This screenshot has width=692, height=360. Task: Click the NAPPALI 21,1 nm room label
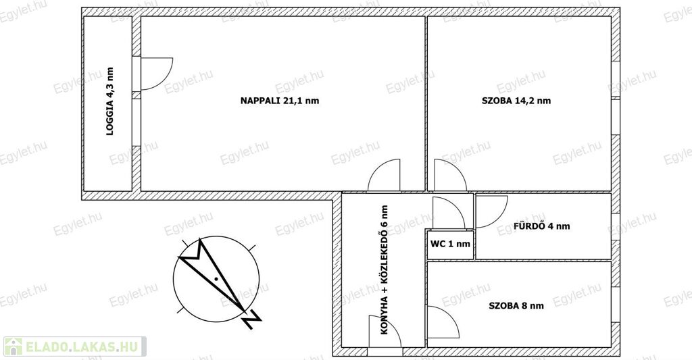coord(280,101)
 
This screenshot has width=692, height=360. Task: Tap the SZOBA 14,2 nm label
coord(516,101)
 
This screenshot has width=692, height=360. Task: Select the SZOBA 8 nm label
coord(516,305)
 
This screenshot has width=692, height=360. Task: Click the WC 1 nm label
coord(450,243)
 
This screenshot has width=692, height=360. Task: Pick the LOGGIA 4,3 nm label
coord(110,101)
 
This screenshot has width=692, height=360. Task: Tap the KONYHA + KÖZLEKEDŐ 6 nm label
coord(384,269)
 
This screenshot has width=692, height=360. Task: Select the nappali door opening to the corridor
coord(385,175)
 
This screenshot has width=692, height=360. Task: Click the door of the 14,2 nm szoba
coord(450,175)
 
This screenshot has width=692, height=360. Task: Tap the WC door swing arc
coord(449,213)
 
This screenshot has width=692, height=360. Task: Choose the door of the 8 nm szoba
coord(443,322)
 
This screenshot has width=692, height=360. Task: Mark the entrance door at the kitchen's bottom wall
coord(385,331)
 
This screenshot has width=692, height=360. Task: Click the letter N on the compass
coord(252,319)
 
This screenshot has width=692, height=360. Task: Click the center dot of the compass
coord(216,279)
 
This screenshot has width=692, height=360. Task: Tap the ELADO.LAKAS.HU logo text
coord(81,346)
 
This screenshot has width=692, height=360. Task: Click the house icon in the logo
coord(14,346)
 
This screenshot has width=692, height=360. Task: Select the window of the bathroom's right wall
coord(616,227)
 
